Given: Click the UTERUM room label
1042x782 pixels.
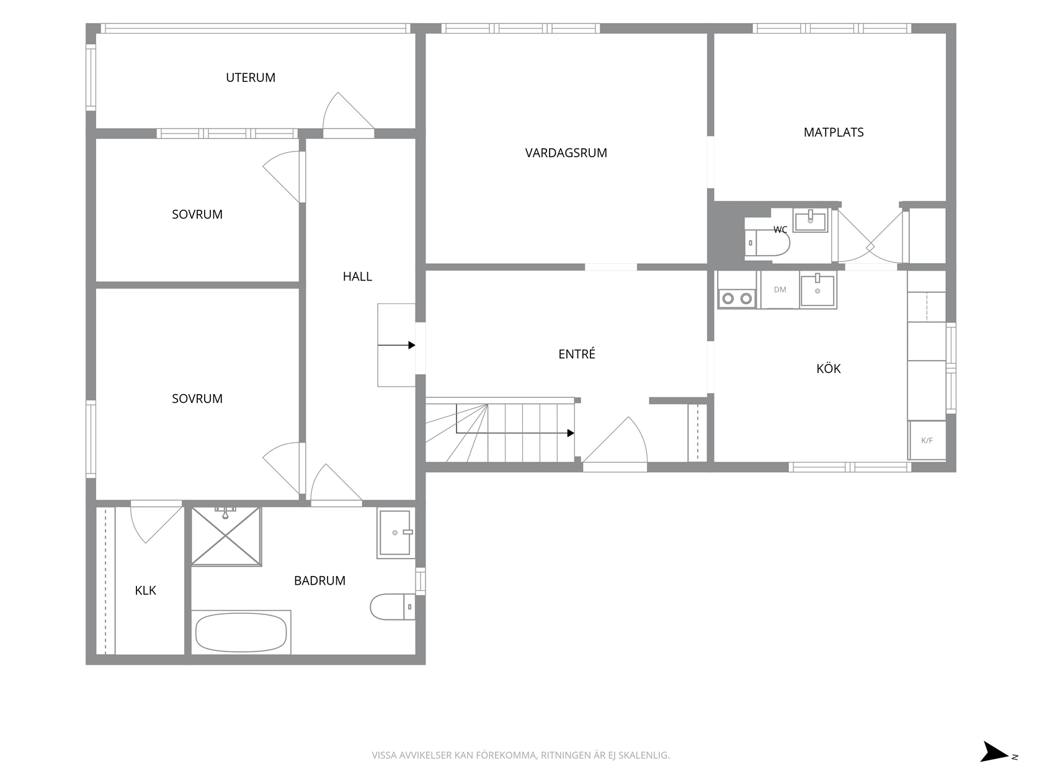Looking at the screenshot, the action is [250, 78].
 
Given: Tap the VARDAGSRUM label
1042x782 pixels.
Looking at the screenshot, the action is [566, 153].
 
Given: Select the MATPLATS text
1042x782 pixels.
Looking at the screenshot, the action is [833, 132].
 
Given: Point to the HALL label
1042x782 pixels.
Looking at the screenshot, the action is [357, 276].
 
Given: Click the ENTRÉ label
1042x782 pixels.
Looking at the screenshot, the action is [576, 353].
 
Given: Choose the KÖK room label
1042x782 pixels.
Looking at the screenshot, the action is [829, 368].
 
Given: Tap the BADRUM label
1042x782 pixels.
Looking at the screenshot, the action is [319, 580].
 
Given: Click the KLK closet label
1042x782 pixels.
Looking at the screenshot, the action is [145, 590].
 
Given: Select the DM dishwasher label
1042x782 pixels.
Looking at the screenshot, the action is [780, 289].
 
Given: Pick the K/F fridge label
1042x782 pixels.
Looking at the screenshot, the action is [927, 440].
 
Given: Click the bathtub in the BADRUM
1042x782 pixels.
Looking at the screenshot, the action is [241, 632].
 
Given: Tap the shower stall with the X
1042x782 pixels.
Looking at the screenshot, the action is [226, 536].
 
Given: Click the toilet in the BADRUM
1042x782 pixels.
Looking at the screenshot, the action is [393, 606].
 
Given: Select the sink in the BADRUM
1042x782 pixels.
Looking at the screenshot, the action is [396, 533].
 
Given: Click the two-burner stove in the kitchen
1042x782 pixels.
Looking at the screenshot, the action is [737, 290].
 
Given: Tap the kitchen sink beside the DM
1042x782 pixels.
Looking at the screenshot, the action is [817, 290].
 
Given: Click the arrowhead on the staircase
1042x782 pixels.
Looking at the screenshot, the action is [571, 433].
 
